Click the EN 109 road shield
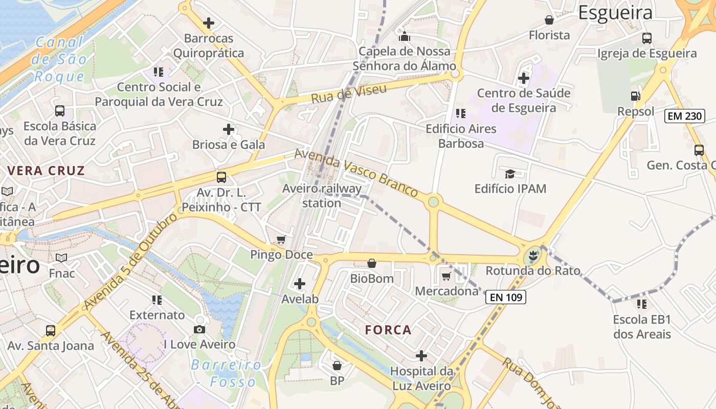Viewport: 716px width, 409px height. click(505, 297)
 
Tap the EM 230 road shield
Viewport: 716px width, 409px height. click(685, 116)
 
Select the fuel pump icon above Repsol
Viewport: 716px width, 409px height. click(635, 96)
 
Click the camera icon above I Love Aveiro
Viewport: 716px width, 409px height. click(199, 329)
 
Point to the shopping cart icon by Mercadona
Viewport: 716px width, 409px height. click(446, 277)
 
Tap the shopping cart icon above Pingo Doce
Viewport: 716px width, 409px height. click(281, 239)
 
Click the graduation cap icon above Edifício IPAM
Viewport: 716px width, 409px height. click(510, 174)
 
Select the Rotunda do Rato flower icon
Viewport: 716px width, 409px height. click(533, 255)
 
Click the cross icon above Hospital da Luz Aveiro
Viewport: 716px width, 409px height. click(421, 355)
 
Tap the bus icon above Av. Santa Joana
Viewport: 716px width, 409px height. click(50, 330)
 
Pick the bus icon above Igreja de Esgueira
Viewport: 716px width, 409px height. click(647, 38)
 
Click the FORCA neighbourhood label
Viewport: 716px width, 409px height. click(388, 330)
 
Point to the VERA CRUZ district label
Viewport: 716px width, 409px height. click(46, 171)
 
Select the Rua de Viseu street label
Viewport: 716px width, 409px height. click(349, 92)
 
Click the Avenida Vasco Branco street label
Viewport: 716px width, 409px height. click(356, 173)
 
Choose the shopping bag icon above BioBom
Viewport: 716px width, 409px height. click(372, 263)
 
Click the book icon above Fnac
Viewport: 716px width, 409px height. click(61, 258)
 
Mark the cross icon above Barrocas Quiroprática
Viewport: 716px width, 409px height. click(208, 23)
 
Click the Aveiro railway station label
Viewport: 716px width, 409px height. click(322, 196)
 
